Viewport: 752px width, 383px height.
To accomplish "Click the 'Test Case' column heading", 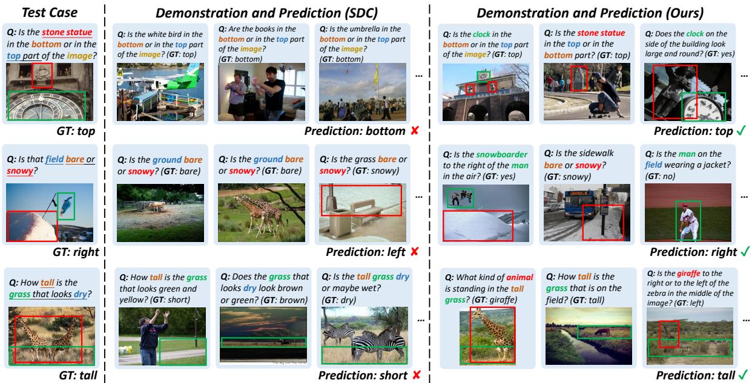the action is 50,13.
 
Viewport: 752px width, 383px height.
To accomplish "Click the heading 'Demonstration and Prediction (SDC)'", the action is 266,13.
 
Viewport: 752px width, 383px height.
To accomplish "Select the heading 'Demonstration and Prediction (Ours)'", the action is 590,13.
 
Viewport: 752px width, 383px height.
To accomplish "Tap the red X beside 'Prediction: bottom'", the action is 415,131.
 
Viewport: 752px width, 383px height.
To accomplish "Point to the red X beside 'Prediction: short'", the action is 417,375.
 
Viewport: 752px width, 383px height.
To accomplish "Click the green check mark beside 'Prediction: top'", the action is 741,130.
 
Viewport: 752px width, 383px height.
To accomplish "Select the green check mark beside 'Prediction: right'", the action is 744,251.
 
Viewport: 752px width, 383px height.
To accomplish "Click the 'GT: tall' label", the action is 78,375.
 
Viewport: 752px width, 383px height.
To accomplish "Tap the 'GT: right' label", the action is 76,252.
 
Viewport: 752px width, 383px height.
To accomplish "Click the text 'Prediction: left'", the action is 366,252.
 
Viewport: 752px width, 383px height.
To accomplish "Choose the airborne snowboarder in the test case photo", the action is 66,205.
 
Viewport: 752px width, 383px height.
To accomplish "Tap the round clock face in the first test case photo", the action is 46,107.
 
